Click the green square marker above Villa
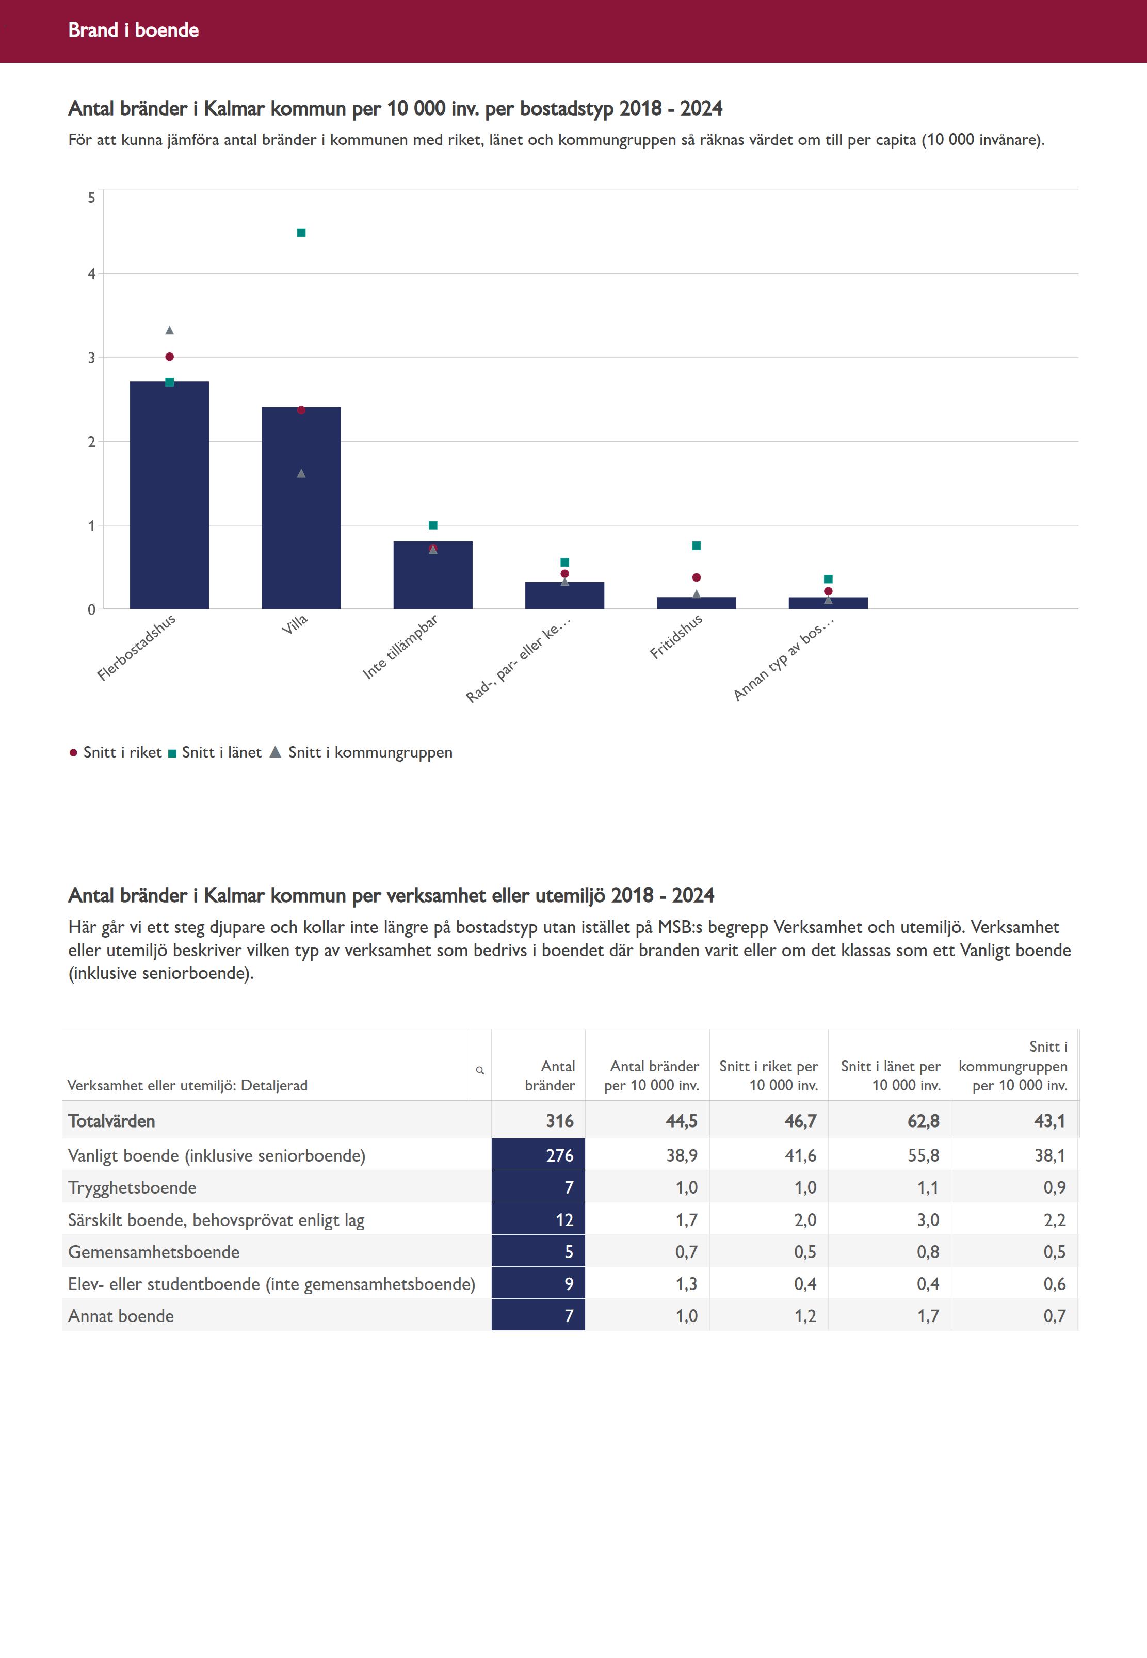coord(301,233)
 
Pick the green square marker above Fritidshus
coord(697,546)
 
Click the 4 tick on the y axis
coord(91,274)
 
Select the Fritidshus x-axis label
coord(676,637)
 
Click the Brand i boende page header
coord(134,30)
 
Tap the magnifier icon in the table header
coord(480,1070)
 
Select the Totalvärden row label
coord(111,1121)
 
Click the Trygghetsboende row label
coord(132,1187)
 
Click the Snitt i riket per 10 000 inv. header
coord(768,1076)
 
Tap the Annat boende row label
coord(121,1316)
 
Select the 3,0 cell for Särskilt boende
coord(928,1219)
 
